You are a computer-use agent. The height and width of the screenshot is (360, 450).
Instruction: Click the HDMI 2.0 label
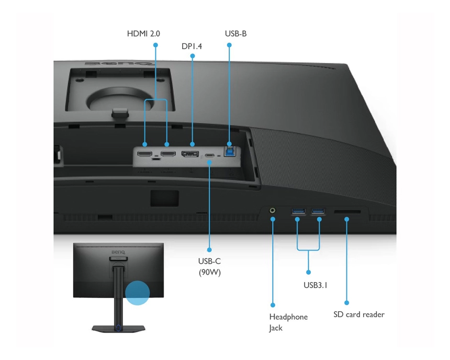[143, 33]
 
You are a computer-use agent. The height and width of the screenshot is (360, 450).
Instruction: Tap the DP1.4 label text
[192, 47]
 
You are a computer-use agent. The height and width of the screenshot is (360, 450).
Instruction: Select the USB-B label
[235, 33]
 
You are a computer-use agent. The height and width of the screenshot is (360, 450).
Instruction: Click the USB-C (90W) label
[209, 266]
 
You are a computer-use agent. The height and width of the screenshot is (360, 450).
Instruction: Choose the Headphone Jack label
[288, 322]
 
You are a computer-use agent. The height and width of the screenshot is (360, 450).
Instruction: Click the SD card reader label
[359, 314]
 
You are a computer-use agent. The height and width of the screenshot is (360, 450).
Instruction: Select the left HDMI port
[145, 154]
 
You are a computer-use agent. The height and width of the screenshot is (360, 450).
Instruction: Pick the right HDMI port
[167, 154]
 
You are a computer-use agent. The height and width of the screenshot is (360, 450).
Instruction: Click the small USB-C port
[210, 155]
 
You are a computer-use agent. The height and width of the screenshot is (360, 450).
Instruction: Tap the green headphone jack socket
[273, 210]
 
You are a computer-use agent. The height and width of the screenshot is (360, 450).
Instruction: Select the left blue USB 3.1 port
[298, 211]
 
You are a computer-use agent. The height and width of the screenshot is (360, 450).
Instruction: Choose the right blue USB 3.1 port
[318, 211]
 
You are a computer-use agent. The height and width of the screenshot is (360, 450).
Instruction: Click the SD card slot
[346, 211]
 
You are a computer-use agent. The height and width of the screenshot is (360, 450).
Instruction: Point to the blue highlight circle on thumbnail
[137, 292]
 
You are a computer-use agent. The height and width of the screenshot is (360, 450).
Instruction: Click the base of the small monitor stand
[118, 328]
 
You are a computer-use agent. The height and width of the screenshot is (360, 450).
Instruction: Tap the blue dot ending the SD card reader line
[346, 302]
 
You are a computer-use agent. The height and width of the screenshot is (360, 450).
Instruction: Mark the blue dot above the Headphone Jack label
[273, 304]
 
